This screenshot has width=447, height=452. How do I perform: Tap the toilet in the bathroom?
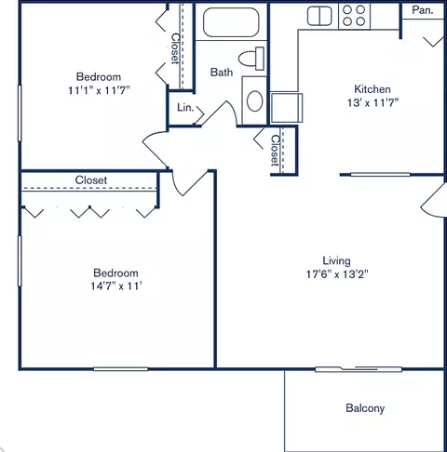click(x=249, y=58)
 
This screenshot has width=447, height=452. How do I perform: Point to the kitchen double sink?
click(x=320, y=15)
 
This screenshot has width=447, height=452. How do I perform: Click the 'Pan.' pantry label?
click(x=421, y=11)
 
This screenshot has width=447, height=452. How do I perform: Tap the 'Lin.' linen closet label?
click(x=184, y=109)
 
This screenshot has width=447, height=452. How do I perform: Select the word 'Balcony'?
click(x=365, y=408)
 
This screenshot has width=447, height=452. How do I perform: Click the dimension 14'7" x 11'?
click(x=115, y=287)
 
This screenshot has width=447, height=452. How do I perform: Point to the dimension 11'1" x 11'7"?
click(x=98, y=91)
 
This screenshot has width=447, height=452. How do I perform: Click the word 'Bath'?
click(x=221, y=72)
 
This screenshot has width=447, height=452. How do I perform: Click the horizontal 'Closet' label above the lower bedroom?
click(x=91, y=179)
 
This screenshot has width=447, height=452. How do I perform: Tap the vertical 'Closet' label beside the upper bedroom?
click(x=175, y=48)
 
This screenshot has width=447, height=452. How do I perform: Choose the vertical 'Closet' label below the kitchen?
click(x=275, y=151)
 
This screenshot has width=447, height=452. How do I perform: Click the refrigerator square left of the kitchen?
click(x=285, y=106)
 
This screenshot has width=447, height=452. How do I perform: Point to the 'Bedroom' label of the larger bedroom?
click(x=115, y=273)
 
